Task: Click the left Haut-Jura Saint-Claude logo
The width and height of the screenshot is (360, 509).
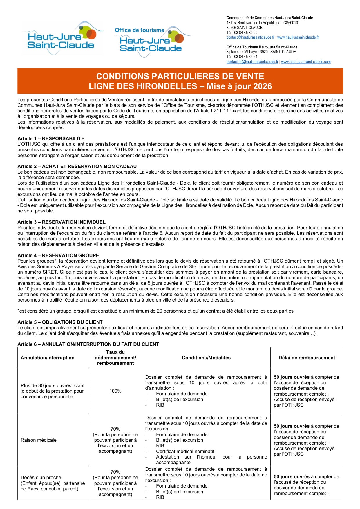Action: [62, 38]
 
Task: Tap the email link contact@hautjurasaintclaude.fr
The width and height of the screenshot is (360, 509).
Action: [250, 37]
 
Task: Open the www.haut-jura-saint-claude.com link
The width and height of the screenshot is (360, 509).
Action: [306, 62]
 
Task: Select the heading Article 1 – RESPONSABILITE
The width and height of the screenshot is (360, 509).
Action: [51, 138]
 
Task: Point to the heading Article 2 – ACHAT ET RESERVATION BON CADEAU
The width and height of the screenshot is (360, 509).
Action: [77, 166]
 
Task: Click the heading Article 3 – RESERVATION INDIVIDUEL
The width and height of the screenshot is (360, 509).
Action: [61, 222]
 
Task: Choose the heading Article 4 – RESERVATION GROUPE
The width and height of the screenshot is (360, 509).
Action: [58, 255]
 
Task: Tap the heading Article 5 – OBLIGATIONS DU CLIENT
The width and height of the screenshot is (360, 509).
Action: [60, 322]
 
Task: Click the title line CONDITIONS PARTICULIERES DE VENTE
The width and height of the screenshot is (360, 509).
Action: [180, 76]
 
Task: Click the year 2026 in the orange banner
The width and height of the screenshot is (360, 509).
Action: [263, 86]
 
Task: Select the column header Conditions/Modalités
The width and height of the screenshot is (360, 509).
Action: [206, 358]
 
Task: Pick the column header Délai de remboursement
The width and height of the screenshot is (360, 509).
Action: [307, 358]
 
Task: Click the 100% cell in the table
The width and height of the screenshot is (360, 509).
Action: [115, 391]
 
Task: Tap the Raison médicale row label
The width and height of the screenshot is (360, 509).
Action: [39, 440]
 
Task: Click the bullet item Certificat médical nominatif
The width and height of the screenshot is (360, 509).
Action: [185, 451]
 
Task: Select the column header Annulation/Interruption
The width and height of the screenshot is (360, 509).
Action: [48, 358]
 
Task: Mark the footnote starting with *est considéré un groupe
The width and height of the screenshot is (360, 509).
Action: [155, 311]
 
